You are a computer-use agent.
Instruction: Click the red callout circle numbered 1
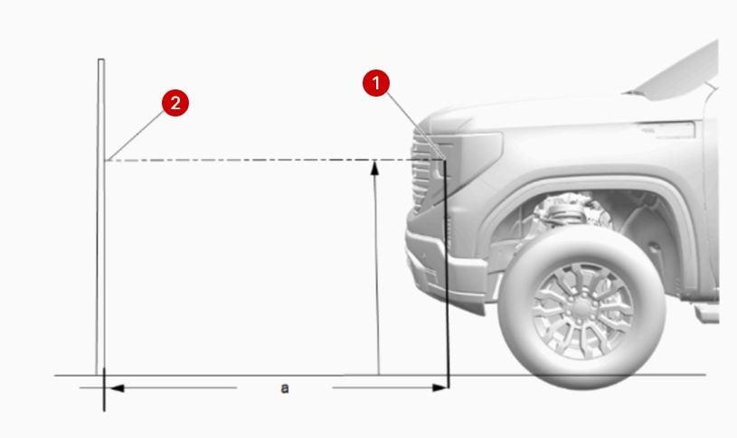coord(376,83)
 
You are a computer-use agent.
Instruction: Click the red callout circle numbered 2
coord(175,103)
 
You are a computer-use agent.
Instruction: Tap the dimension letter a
coord(284,388)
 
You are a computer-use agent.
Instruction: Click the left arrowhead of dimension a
coord(117,388)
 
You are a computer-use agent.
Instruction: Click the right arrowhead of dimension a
coord(440,387)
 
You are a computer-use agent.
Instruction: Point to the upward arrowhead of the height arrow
coord(374,168)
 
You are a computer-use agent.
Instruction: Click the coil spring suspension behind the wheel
coord(569,212)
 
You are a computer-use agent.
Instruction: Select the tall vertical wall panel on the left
coord(100,217)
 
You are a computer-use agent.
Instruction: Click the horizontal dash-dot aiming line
coord(275,161)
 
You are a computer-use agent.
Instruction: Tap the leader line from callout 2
coord(136,136)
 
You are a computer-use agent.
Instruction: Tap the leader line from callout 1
coord(415,126)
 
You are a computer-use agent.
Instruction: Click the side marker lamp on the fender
coord(667,129)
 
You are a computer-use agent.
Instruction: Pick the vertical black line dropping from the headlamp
coord(447,274)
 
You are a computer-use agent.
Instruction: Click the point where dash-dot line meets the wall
coord(105,161)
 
